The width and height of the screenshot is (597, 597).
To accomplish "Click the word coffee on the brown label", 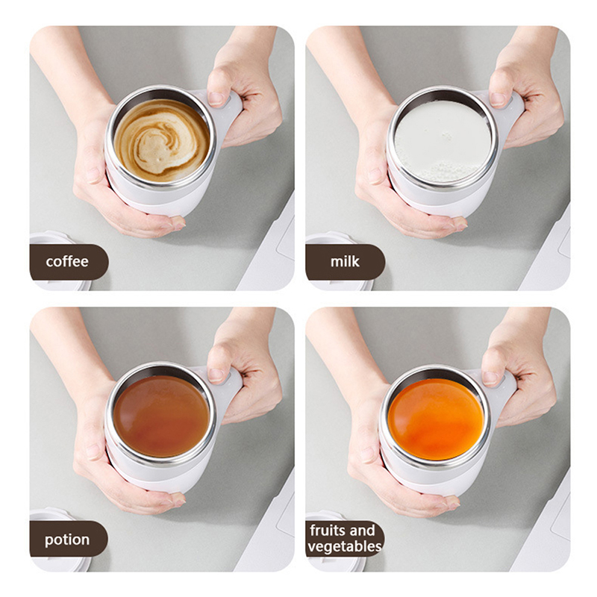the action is (x=67, y=262).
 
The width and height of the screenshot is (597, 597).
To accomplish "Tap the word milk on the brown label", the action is (x=345, y=261).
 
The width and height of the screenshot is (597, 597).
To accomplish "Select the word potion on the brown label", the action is (x=67, y=540).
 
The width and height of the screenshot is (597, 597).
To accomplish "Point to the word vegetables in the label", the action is (x=345, y=546).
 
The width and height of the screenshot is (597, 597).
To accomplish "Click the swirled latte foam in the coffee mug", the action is (x=162, y=140).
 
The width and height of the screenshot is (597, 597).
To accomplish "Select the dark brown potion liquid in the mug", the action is (x=161, y=416).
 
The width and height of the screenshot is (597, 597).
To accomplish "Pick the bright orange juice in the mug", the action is (x=436, y=419).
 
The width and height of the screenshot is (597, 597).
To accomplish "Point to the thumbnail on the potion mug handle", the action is (x=217, y=375).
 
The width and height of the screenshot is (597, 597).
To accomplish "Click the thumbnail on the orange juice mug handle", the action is (x=492, y=378).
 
